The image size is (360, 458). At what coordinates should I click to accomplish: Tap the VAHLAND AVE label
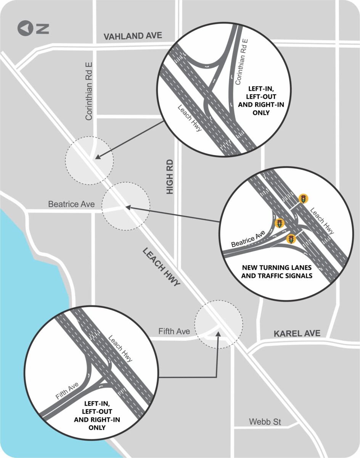(x=133, y=36)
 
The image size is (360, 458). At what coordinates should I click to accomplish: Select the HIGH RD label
(x=170, y=176)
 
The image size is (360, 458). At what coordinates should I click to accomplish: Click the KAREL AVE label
(x=297, y=334)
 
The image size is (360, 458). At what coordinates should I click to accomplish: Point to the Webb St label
(x=265, y=422)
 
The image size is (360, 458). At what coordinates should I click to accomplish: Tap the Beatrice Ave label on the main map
(x=71, y=204)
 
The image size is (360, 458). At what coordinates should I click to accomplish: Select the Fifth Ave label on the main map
(x=174, y=331)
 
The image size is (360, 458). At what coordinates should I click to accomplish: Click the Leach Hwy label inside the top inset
(x=190, y=118)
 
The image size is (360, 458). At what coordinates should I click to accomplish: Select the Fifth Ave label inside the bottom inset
(x=67, y=391)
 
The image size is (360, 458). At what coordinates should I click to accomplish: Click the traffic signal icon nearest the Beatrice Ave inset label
(x=280, y=224)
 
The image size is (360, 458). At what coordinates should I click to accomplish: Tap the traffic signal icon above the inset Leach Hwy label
(x=304, y=198)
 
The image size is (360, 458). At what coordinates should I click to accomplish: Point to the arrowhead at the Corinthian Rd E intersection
(x=97, y=156)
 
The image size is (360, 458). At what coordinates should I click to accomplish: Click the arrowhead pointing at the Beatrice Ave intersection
(x=128, y=207)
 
